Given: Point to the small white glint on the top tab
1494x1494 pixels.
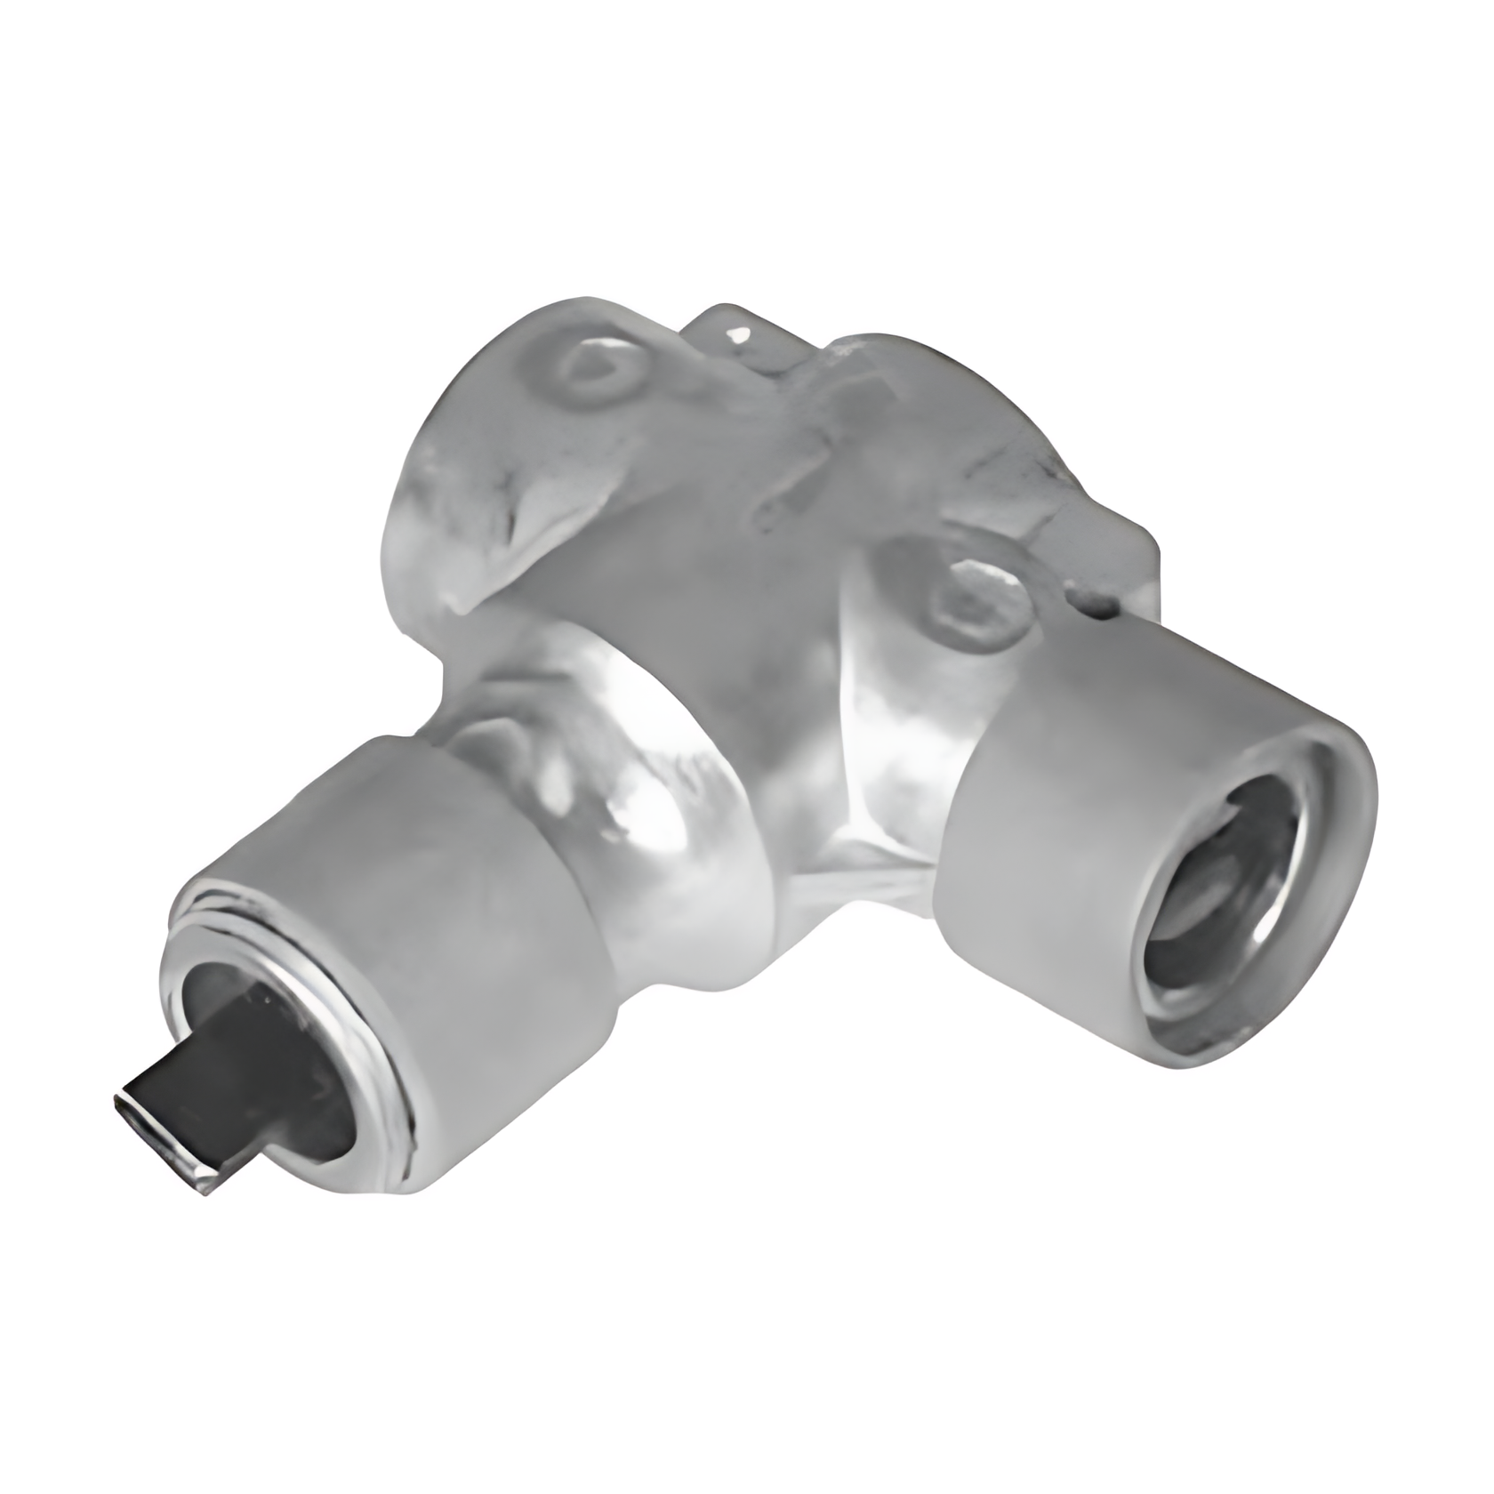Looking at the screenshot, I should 737,335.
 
